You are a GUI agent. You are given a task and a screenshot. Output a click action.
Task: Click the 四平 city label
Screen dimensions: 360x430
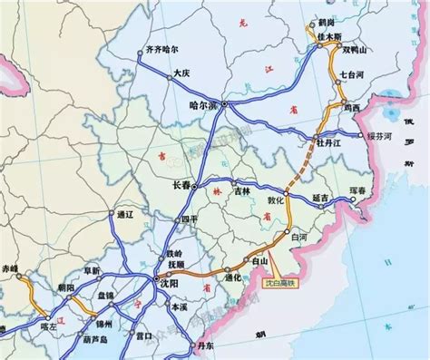pyautogui.click(x=189, y=219)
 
